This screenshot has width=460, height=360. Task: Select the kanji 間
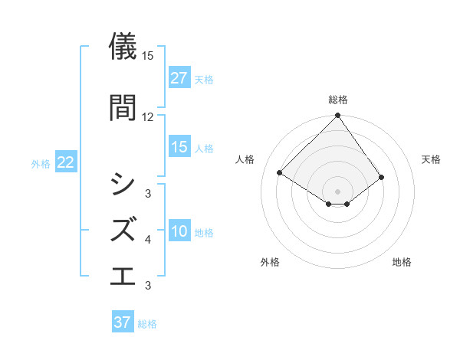[x=123, y=106]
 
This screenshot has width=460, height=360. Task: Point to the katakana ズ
[x=123, y=229]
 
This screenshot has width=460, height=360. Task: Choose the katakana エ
[x=123, y=275]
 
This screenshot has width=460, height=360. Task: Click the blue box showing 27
[x=179, y=78]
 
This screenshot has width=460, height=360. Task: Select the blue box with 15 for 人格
[x=179, y=147]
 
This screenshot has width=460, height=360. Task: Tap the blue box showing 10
[x=179, y=231]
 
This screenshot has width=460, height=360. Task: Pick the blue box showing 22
[x=66, y=162]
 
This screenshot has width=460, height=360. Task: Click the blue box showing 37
[x=123, y=322]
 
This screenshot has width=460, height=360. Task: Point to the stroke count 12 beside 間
[x=147, y=116]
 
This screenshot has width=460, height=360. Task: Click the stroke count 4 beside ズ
[x=148, y=240]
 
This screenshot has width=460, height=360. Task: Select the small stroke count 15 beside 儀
[x=147, y=56]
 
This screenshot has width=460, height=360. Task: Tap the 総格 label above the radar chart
[x=337, y=100]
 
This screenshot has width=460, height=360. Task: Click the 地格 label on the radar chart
[x=402, y=262]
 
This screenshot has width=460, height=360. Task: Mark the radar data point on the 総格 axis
[x=337, y=116]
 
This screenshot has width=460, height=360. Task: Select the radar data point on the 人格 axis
[x=281, y=172]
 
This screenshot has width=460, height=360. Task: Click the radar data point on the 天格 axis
[x=381, y=177]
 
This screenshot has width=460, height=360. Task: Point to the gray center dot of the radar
[x=337, y=191]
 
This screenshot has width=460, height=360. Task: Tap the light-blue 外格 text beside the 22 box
[x=41, y=163]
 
